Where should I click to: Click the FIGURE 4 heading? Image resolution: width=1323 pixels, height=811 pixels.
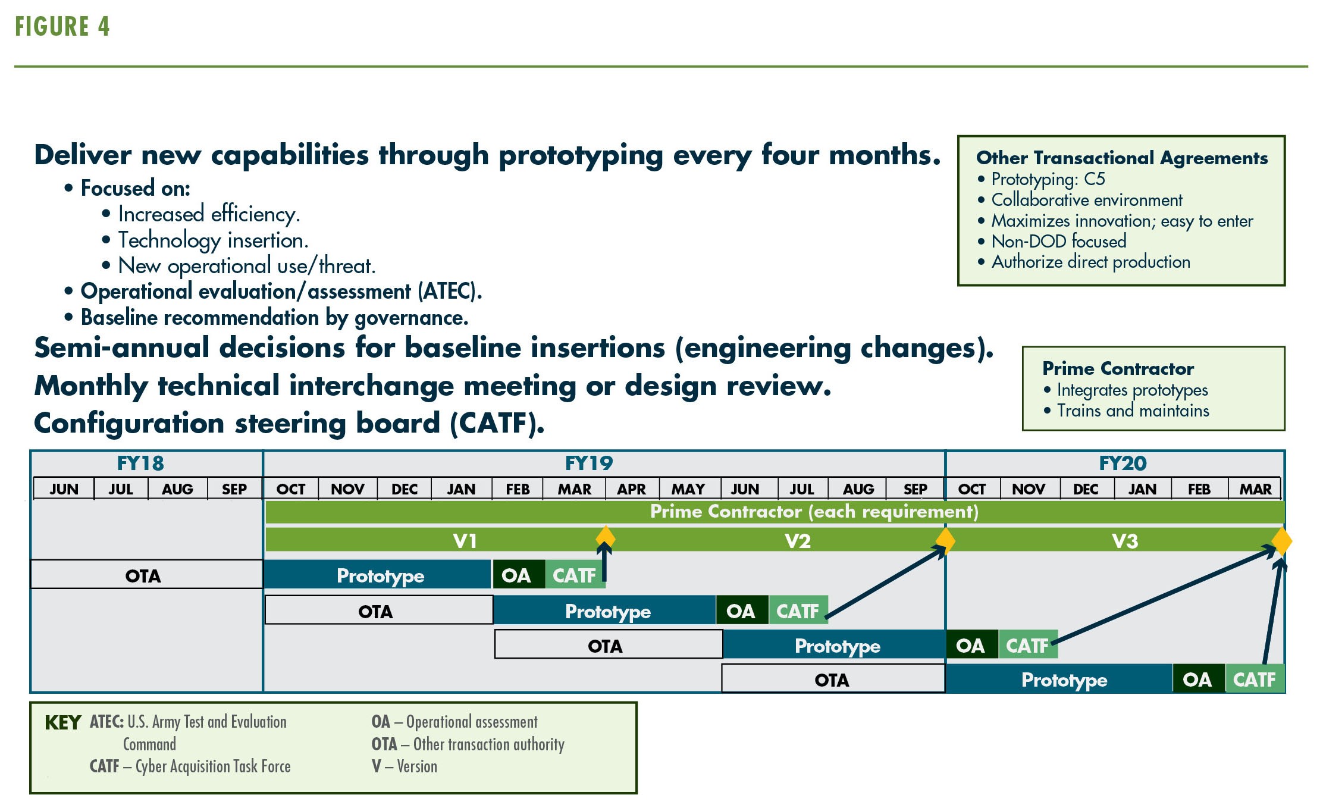62,27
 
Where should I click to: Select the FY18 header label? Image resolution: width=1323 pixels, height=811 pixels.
140,463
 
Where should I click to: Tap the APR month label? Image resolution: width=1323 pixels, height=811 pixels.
631,489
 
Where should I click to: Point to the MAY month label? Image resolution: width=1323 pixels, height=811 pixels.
688,489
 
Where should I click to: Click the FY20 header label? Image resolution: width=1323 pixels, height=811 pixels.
1123,463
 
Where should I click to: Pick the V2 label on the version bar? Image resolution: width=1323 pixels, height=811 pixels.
798,541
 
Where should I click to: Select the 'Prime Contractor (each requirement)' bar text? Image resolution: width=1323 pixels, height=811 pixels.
814,512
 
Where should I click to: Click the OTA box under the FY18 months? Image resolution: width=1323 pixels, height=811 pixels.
146,575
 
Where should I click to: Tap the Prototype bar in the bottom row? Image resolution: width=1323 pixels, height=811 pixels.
1059,680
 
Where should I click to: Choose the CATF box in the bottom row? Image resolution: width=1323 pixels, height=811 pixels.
1255,680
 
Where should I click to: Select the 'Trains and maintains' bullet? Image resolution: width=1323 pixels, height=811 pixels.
1127,411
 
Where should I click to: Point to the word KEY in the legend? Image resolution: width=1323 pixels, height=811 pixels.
62,723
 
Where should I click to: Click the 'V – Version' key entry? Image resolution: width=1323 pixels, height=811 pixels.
405,766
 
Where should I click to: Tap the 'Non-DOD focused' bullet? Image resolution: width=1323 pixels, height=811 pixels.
1052,242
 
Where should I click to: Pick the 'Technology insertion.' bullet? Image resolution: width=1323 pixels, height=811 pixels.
205,240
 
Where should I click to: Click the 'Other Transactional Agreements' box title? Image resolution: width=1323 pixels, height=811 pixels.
1122,158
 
